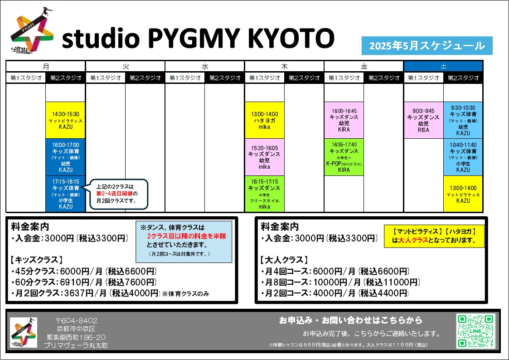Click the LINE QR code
[475, 331]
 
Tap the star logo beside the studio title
[32, 30]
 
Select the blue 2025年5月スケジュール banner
[427, 46]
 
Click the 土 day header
[443, 66]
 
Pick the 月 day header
[46, 66]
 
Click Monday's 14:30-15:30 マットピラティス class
[66, 120]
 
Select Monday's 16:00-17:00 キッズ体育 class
[66, 157]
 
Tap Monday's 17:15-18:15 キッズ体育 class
[66, 194]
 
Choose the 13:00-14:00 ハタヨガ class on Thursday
[265, 120]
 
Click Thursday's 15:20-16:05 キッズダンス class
[265, 157]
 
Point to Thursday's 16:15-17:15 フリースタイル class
[265, 194]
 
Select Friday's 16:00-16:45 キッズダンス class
[344, 120]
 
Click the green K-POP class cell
[344, 157]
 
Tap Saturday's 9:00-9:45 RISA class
[423, 120]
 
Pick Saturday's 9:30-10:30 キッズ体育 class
[463, 120]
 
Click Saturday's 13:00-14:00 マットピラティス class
[463, 194]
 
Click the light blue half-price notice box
[184, 242]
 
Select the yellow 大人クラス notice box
[434, 236]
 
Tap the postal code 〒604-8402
[76, 321]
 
